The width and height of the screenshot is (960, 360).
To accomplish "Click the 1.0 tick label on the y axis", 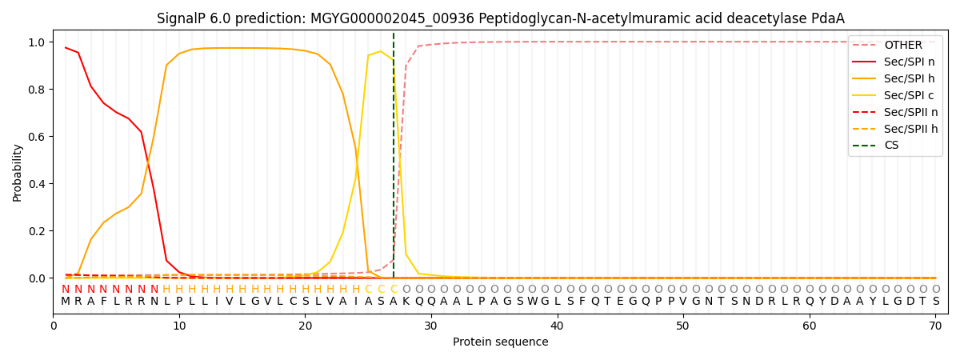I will [x=38, y=42].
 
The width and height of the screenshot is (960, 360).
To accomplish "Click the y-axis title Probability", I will [x=18, y=172].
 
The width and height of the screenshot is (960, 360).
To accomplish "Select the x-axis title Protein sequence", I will [x=500, y=342].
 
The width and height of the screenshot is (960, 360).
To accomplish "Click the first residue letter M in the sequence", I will [x=66, y=302].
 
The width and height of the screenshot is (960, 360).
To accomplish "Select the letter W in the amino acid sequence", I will [x=532, y=302].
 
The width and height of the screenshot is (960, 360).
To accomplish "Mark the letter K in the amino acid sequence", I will [x=406, y=302].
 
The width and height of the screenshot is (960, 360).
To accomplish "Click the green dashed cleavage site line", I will [x=394, y=160].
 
